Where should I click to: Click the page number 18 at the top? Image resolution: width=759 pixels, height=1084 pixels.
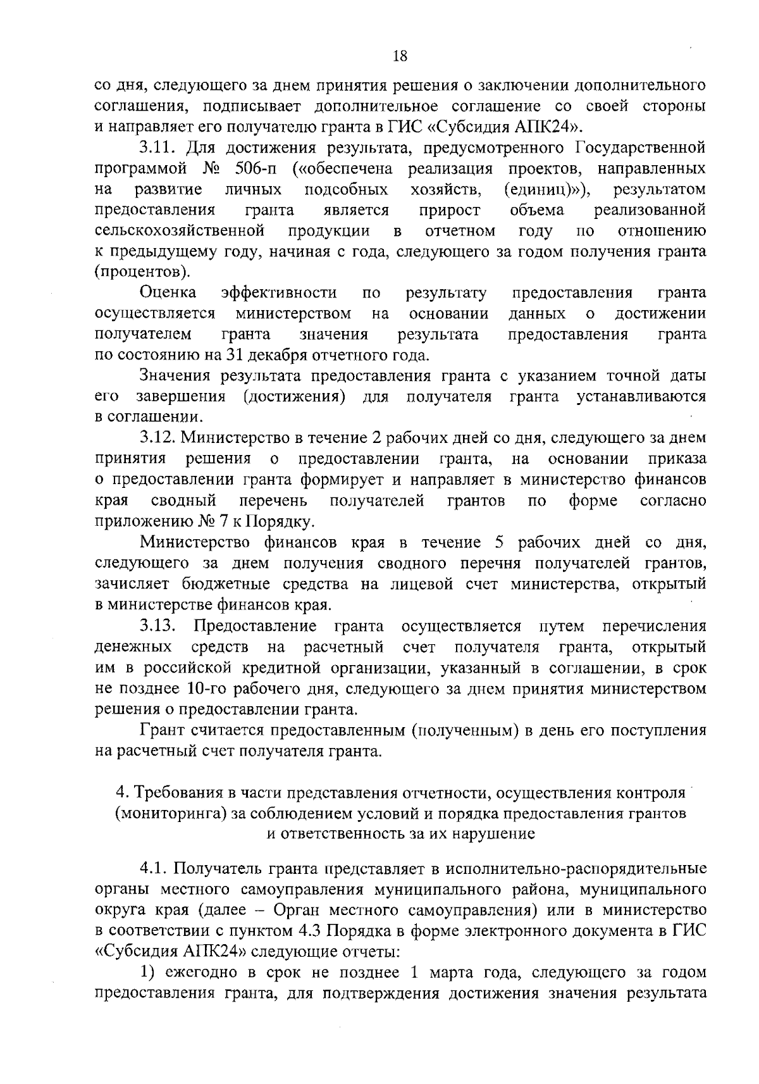(400, 56)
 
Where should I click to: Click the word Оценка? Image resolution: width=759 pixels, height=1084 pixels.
(168, 293)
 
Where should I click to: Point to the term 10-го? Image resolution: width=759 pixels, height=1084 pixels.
(204, 688)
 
